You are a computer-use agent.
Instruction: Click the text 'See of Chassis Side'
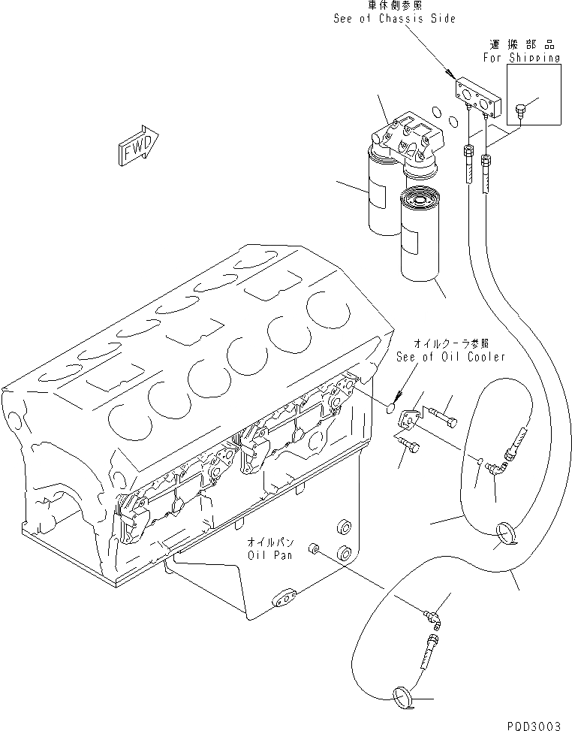(x=394, y=18)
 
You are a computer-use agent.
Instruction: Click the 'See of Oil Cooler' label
(x=450, y=357)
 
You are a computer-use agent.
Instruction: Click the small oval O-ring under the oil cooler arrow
(x=387, y=408)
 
